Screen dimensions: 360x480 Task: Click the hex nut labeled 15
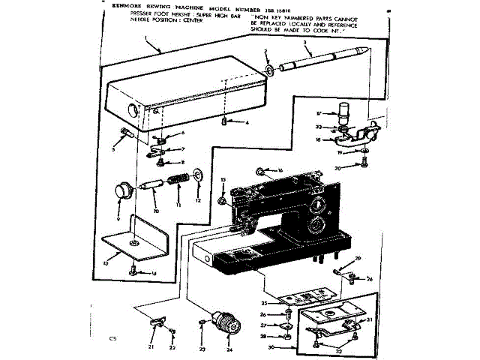[223, 200]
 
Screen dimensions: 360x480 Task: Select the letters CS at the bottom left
[112, 339]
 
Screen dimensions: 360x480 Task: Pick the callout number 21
[151, 346]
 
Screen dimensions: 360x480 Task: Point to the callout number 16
[280, 171]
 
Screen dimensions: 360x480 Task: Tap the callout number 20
[337, 168]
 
